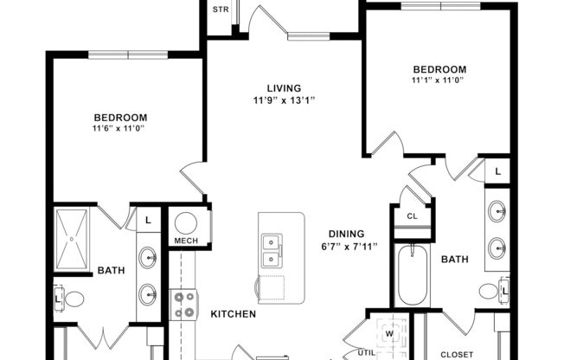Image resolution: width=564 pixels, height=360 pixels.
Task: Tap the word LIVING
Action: coord(283,87)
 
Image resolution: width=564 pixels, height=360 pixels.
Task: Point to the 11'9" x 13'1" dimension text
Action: coord(283,100)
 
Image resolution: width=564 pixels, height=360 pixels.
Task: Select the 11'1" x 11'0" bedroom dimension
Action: coord(439,81)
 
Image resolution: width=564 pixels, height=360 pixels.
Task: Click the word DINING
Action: coord(345,233)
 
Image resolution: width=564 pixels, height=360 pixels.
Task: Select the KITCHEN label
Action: coord(233,313)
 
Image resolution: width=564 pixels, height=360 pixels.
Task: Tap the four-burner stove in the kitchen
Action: coord(185,304)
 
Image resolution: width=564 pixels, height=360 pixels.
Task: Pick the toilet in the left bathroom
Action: coord(74,299)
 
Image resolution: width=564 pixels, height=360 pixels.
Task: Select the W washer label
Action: coord(388,332)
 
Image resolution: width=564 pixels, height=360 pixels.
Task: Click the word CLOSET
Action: coord(457,354)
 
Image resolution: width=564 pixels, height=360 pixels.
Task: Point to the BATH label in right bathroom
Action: coord(455,259)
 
